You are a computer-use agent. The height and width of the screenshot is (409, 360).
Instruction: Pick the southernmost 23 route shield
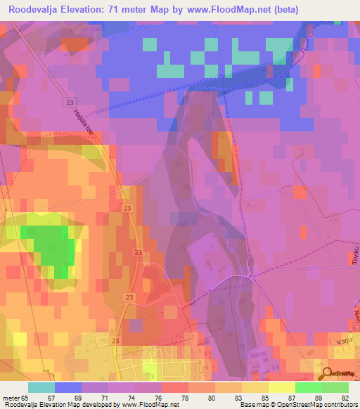click(x=115, y=340)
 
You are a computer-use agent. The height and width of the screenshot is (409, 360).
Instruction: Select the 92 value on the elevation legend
click(x=345, y=398)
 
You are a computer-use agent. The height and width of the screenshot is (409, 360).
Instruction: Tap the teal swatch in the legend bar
click(x=41, y=387)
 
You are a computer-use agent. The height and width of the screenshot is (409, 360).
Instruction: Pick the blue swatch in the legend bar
click(x=68, y=387)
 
